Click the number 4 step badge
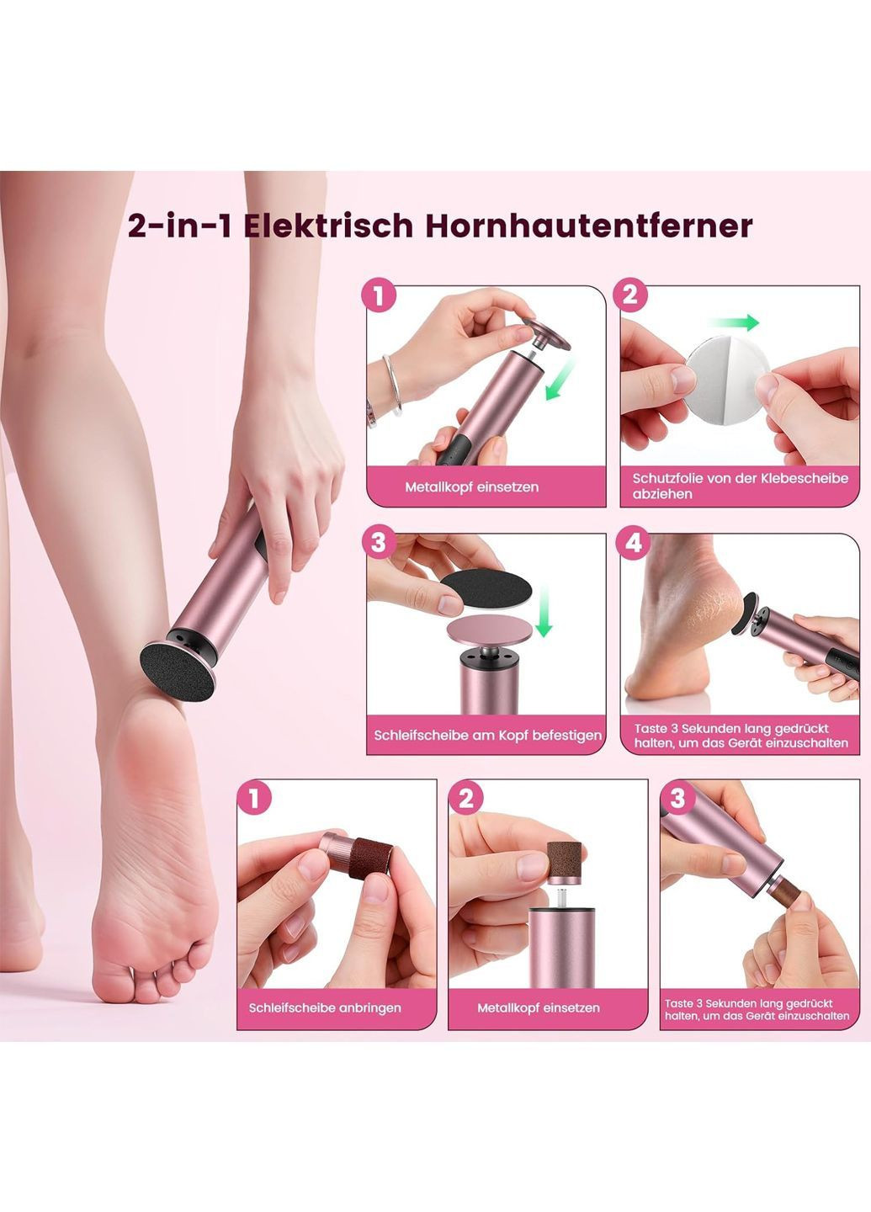pyautogui.click(x=634, y=542)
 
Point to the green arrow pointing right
pyautogui.click(x=735, y=322)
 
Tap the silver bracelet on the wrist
pyautogui.click(x=393, y=385)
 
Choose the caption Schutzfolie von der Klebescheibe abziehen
pyautogui.click(x=740, y=486)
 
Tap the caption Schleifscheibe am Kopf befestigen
pyautogui.click(x=487, y=736)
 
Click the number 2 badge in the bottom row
pyautogui.click(x=466, y=798)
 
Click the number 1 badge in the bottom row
pyautogui.click(x=254, y=798)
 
